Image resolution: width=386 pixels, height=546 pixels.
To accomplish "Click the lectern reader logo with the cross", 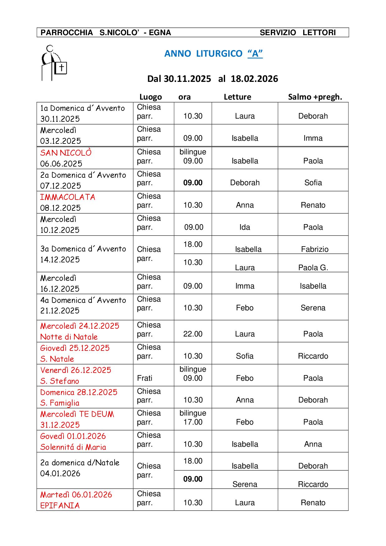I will [54, 63].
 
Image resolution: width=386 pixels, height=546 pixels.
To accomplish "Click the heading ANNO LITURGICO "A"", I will [213, 54].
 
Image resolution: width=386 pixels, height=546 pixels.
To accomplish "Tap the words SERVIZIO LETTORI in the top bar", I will [298, 33].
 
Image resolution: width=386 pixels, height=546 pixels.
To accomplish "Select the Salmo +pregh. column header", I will [315, 97].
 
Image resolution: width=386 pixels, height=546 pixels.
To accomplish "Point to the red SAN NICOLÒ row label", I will [66, 153].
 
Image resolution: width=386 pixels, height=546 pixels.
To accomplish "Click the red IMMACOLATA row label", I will [68, 197].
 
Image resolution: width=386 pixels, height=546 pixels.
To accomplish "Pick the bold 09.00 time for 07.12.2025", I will [193, 183].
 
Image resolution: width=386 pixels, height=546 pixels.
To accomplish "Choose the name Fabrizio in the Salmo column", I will [314, 249].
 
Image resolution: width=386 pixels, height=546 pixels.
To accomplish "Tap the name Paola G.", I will [313, 268].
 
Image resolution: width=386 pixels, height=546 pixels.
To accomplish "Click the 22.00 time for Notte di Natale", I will [193, 334].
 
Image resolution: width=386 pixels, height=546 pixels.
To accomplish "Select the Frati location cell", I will [145, 378].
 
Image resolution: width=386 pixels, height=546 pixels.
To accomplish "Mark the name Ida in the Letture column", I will [245, 227].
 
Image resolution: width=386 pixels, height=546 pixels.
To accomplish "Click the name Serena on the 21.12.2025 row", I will [313, 308].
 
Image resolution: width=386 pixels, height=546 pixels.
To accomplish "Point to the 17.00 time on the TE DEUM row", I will [193, 422].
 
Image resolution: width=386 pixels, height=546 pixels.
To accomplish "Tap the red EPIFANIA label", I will [60, 506].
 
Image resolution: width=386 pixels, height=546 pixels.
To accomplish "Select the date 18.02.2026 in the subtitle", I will [254, 79].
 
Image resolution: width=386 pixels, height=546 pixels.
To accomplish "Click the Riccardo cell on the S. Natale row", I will [313, 356].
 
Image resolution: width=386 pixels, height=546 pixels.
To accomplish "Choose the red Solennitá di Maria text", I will [73, 447].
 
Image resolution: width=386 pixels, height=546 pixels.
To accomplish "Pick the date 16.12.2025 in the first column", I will [60, 289].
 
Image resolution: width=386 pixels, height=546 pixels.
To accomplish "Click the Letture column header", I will [237, 97].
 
